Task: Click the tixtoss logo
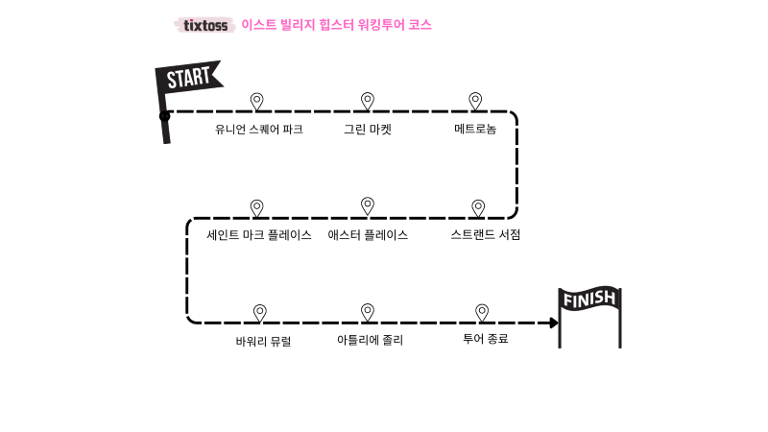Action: coord(205,25)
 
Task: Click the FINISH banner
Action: coord(589,300)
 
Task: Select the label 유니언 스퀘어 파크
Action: coord(259,130)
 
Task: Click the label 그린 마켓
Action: coord(368,130)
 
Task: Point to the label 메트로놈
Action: coord(475,130)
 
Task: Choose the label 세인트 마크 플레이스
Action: coord(259,235)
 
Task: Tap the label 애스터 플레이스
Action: coord(368,235)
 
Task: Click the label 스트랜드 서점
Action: coord(486,235)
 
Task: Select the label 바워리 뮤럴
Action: coord(263,341)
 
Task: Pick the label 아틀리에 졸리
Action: coord(371,341)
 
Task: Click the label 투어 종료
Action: coord(486,339)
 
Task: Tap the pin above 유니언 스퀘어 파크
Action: coord(256,101)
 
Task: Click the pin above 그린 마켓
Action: coord(367,101)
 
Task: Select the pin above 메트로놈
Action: coord(475,101)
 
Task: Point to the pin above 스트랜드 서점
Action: coord(478,207)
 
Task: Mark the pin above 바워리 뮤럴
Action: coord(259,312)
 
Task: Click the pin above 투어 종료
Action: coord(482,312)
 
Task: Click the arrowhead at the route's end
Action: coord(554,323)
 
